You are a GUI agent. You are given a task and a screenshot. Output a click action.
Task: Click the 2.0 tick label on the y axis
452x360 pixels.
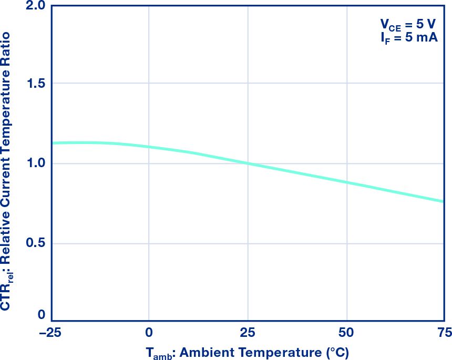click(x=36, y=6)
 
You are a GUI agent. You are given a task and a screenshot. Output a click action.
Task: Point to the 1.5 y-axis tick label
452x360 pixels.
click(x=36, y=84)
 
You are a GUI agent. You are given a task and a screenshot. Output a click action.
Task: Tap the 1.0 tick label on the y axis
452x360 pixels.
click(x=36, y=163)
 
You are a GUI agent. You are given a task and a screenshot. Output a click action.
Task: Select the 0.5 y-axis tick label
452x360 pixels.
click(x=36, y=243)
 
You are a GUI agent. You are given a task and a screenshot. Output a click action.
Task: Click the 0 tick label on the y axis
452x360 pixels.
click(x=42, y=315)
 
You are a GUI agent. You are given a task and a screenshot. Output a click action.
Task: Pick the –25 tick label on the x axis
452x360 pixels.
click(x=52, y=332)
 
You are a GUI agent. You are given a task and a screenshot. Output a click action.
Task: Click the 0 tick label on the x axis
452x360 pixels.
click(x=149, y=332)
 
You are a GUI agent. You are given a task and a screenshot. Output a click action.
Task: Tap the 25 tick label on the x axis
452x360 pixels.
click(x=248, y=332)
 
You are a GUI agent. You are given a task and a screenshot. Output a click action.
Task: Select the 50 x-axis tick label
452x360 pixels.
click(x=346, y=332)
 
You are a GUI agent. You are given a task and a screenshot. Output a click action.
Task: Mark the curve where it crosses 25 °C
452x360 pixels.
click(x=248, y=163)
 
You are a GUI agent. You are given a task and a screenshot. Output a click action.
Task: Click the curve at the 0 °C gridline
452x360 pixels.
click(x=149, y=147)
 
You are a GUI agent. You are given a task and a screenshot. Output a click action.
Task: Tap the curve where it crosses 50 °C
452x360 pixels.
click(x=346, y=182)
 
